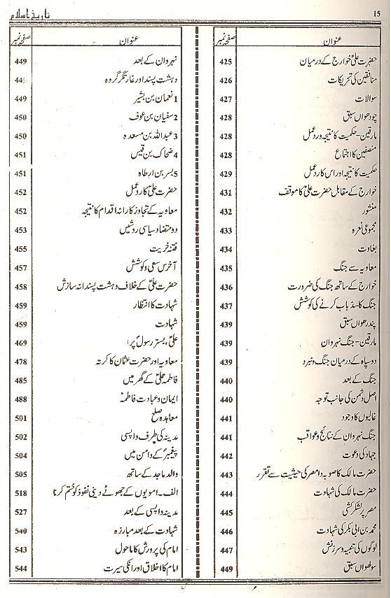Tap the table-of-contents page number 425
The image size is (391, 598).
tap(226, 62)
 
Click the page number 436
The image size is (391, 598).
tap(226, 287)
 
